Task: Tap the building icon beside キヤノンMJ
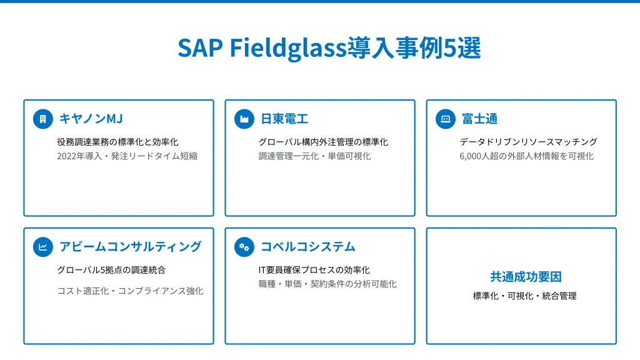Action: click(x=43, y=119)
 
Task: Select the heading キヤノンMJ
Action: click(x=91, y=119)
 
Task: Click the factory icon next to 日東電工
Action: click(x=244, y=119)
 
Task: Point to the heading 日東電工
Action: click(x=284, y=119)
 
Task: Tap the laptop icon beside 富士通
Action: click(x=446, y=119)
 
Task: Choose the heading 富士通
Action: click(x=479, y=119)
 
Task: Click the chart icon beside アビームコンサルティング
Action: click(x=43, y=247)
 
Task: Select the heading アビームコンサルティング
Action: click(x=131, y=247)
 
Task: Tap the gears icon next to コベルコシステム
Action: click(x=244, y=247)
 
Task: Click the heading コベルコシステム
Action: click(x=308, y=247)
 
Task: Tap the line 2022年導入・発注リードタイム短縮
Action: click(x=127, y=156)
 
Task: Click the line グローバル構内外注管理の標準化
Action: click(x=323, y=142)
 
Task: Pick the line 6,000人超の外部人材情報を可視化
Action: click(x=527, y=156)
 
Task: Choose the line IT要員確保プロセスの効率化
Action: click(x=314, y=270)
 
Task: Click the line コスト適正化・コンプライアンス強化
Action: click(x=130, y=291)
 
